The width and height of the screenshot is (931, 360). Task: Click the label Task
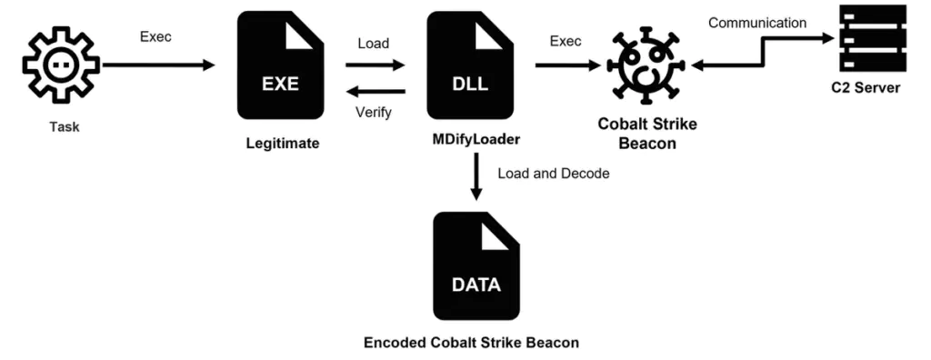tap(65, 126)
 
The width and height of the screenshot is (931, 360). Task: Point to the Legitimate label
tap(282, 143)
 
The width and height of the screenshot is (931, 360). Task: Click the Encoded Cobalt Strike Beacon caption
tap(471, 343)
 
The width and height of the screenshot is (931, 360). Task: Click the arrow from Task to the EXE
tap(158, 65)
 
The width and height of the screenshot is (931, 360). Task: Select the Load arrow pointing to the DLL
tap(375, 65)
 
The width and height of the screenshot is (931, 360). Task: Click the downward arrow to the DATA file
tap(476, 178)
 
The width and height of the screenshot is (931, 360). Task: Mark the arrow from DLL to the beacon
tap(569, 65)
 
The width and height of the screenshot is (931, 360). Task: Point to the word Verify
tap(375, 113)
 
